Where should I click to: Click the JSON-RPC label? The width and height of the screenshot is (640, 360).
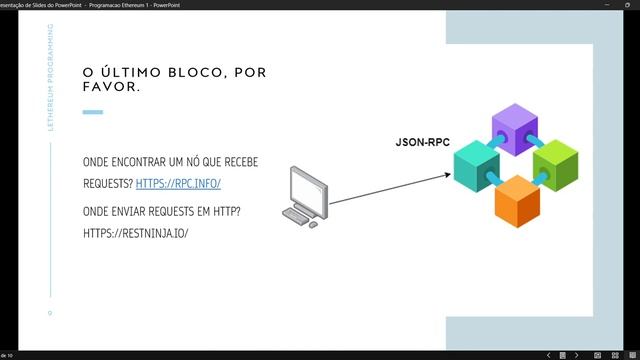click(422, 144)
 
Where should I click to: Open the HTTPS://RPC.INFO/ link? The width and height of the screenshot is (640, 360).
click(177, 184)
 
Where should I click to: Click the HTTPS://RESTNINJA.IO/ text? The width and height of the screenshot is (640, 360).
click(136, 233)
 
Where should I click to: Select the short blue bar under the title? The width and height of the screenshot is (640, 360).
click(92, 112)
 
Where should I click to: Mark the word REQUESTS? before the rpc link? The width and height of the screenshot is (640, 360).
click(107, 184)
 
